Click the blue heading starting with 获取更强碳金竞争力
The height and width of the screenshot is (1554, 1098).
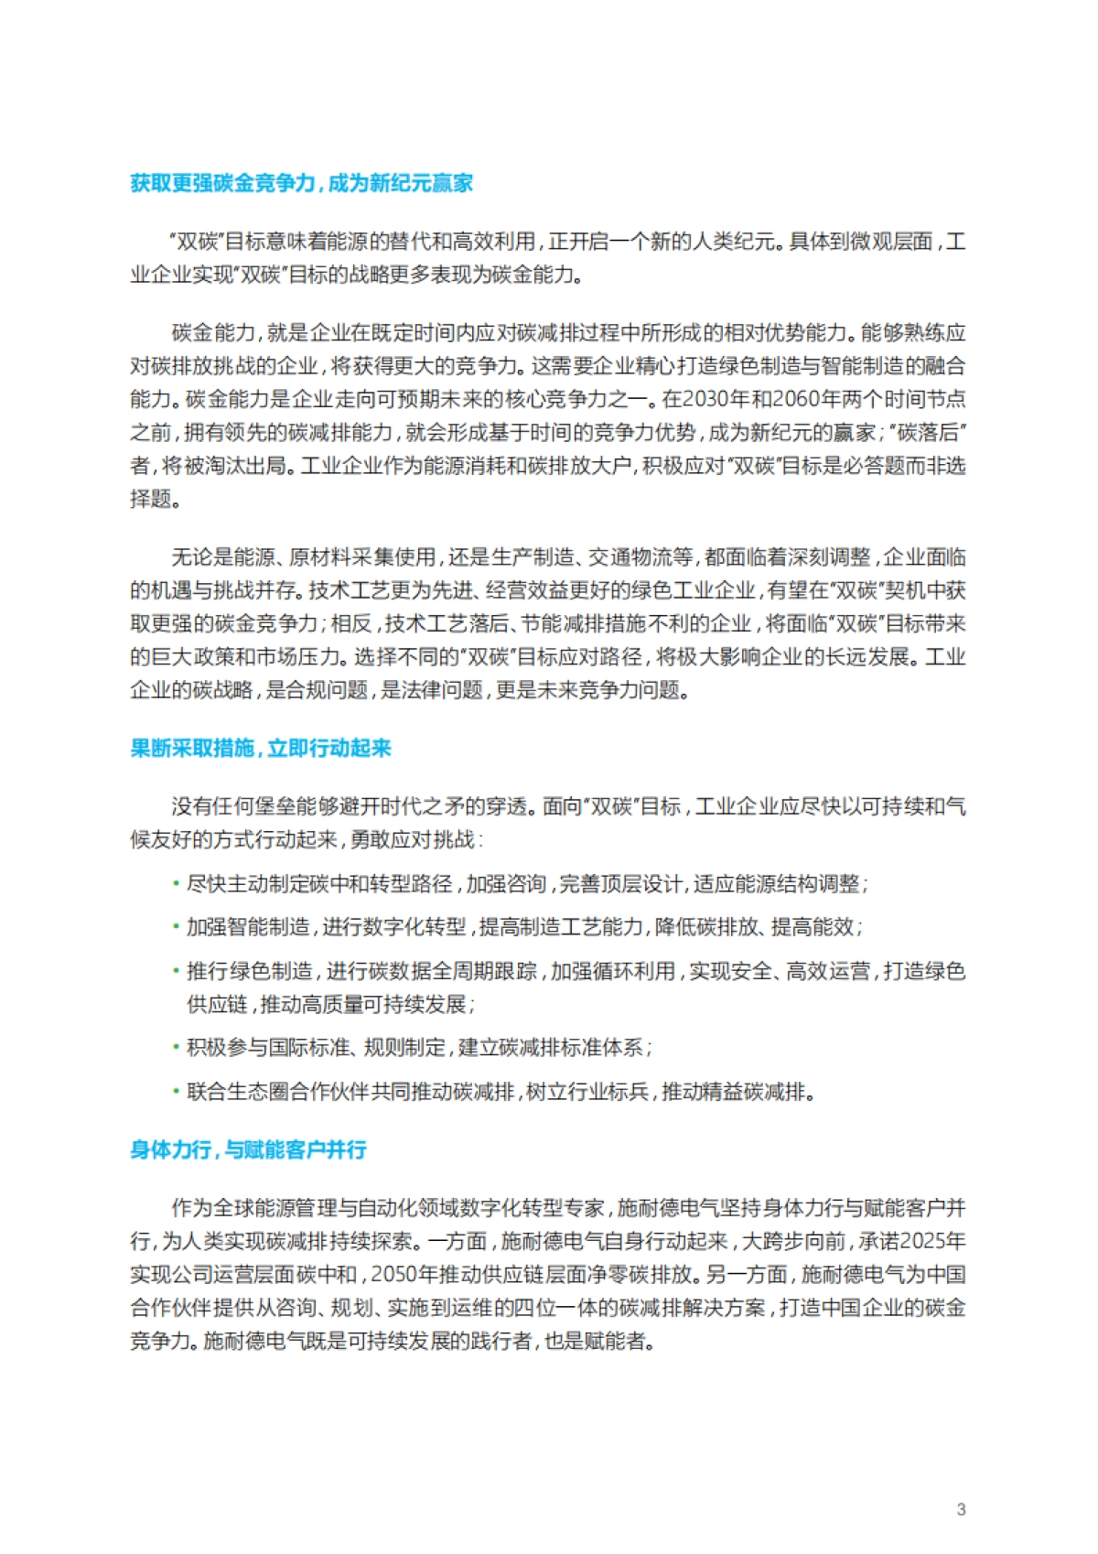301,183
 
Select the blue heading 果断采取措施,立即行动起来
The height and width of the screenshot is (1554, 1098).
261,749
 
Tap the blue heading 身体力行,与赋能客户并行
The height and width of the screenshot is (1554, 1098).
248,1149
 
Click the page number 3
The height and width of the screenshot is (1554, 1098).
961,1509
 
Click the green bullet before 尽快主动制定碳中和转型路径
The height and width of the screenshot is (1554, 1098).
176,884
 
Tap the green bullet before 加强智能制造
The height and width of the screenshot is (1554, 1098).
176,927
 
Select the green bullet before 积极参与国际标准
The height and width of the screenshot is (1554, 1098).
176,1047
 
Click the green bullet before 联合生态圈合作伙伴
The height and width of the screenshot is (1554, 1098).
176,1092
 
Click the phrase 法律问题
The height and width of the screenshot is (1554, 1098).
431,690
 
